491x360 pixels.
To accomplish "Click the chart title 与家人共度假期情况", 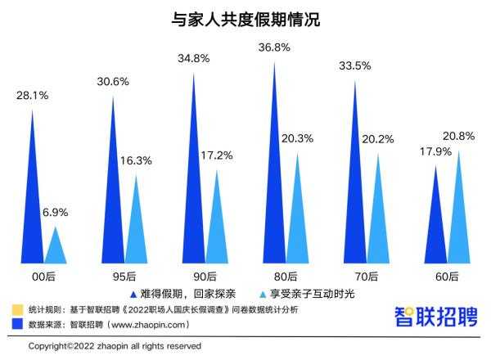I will click(245, 19).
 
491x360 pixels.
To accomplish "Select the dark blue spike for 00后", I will click(34, 205).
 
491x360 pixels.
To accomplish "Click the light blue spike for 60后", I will click(459, 217).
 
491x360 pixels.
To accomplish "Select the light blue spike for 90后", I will click(217, 225).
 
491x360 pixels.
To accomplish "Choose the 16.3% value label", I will click(135, 161).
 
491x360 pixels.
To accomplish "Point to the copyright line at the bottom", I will click(115, 347).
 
